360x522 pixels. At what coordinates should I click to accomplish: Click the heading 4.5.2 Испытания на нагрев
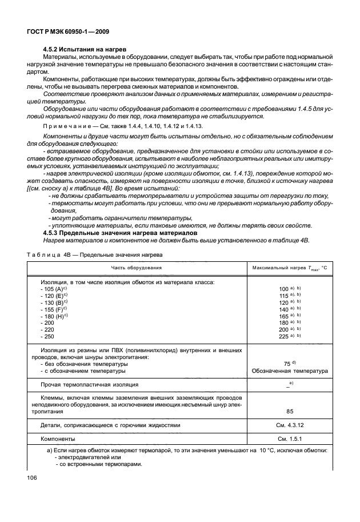click(x=85, y=49)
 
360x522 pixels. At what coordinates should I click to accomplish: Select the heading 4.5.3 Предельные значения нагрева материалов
click(x=120, y=233)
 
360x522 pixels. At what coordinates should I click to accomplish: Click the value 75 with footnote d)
click(x=287, y=364)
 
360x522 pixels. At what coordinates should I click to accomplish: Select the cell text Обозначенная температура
click(x=290, y=371)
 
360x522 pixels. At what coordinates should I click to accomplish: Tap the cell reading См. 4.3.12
click(x=290, y=425)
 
